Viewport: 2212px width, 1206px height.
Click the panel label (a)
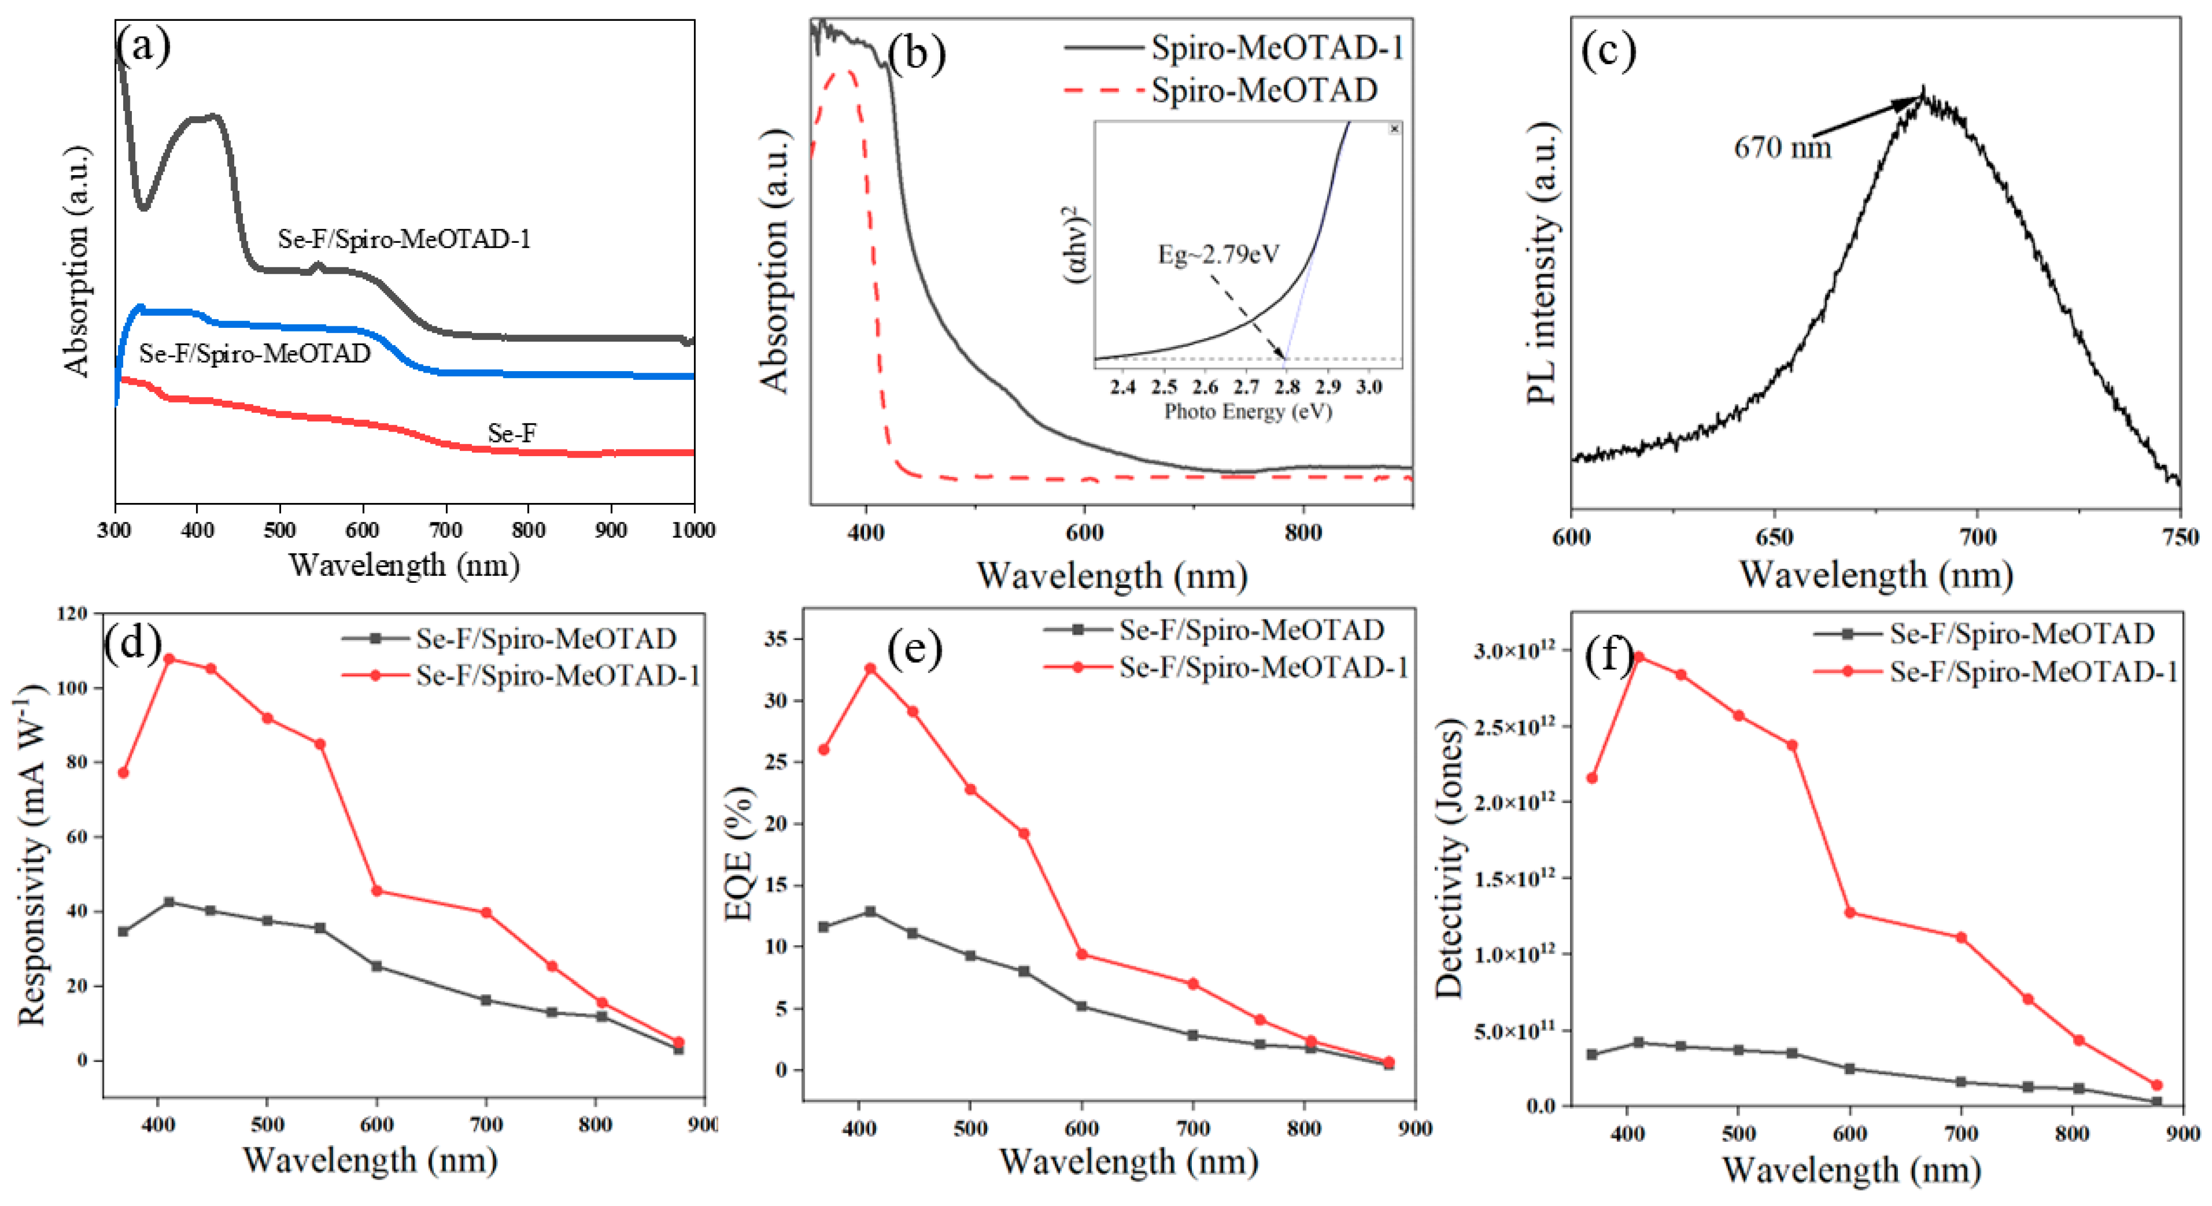tap(144, 45)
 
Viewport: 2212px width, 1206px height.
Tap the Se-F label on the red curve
tap(512, 433)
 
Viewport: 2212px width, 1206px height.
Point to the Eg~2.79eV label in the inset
tap(1218, 254)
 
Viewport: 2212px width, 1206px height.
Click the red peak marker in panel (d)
tap(169, 659)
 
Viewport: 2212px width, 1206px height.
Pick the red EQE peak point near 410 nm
tap(870, 668)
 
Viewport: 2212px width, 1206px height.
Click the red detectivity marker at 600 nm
tap(1850, 912)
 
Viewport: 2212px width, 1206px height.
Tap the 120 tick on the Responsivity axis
tap(72, 613)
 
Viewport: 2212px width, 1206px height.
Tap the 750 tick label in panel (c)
tap(2181, 538)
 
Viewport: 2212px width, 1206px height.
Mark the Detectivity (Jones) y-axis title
tap(1449, 859)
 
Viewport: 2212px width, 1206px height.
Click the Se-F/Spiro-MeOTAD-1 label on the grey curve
tap(404, 239)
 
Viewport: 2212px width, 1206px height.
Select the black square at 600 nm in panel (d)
tap(376, 966)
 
